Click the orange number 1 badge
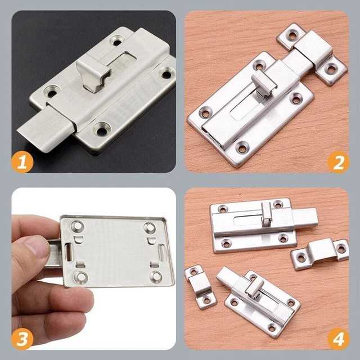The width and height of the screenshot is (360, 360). [22, 161]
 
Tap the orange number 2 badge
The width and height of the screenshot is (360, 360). [338, 162]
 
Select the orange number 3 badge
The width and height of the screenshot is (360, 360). [22, 339]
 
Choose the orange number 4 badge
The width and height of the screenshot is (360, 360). [338, 339]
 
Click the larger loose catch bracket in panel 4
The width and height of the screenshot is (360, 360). [319, 253]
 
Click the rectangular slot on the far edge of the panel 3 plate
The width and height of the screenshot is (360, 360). [162, 253]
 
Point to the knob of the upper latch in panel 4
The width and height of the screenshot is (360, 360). [266, 214]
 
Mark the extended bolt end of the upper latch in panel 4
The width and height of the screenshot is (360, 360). [305, 217]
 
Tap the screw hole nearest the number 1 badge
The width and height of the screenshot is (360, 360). [101, 130]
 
